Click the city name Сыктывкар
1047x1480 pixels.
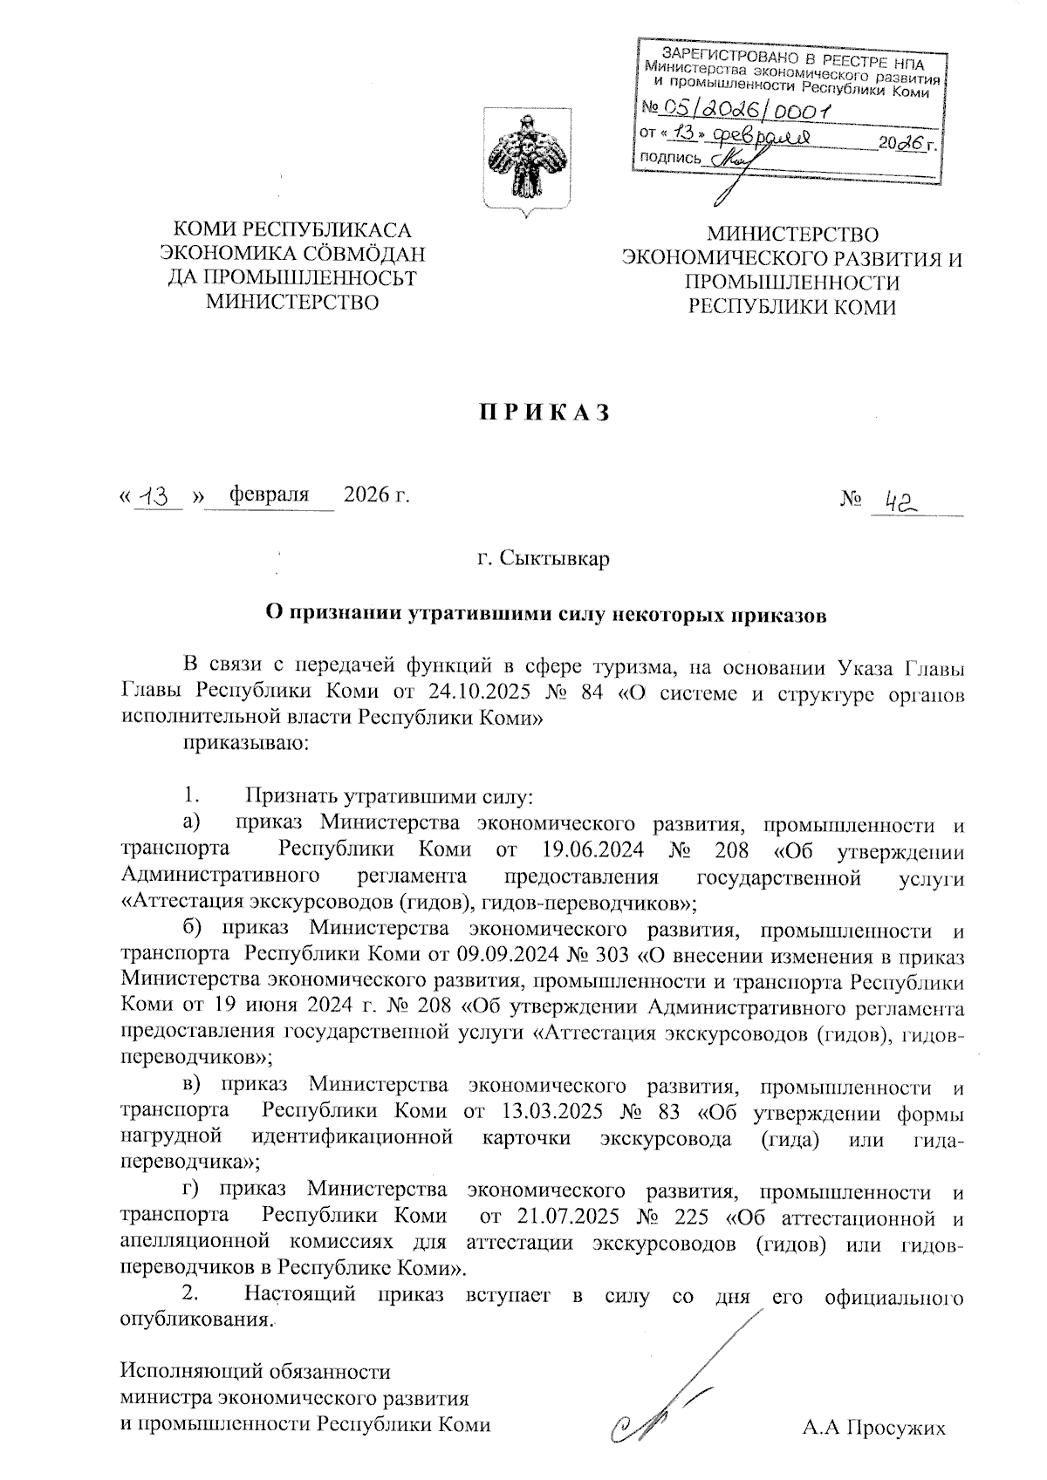click(x=555, y=557)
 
